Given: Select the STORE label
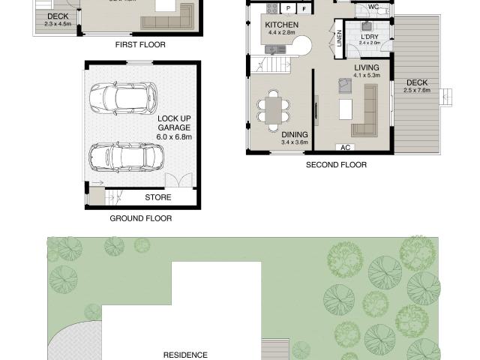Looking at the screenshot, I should click(x=157, y=198).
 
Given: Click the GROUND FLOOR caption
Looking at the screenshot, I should click(x=141, y=219).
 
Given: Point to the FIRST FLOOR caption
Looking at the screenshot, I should click(x=140, y=45).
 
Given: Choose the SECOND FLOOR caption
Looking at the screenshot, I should click(x=336, y=164).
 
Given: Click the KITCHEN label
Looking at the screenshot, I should click(x=282, y=25).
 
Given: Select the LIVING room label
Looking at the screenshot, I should click(x=367, y=67).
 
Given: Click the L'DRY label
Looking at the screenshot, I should click(x=369, y=37).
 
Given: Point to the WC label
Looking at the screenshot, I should click(x=373, y=8).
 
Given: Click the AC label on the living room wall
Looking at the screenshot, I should click(x=346, y=148).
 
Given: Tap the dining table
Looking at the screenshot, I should click(x=272, y=109).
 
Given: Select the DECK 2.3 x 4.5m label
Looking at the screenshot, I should click(x=57, y=16).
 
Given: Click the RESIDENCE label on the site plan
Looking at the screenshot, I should click(x=186, y=354).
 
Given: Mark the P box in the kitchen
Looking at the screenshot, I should click(x=289, y=8).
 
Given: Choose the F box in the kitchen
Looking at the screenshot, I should click(x=304, y=8).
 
